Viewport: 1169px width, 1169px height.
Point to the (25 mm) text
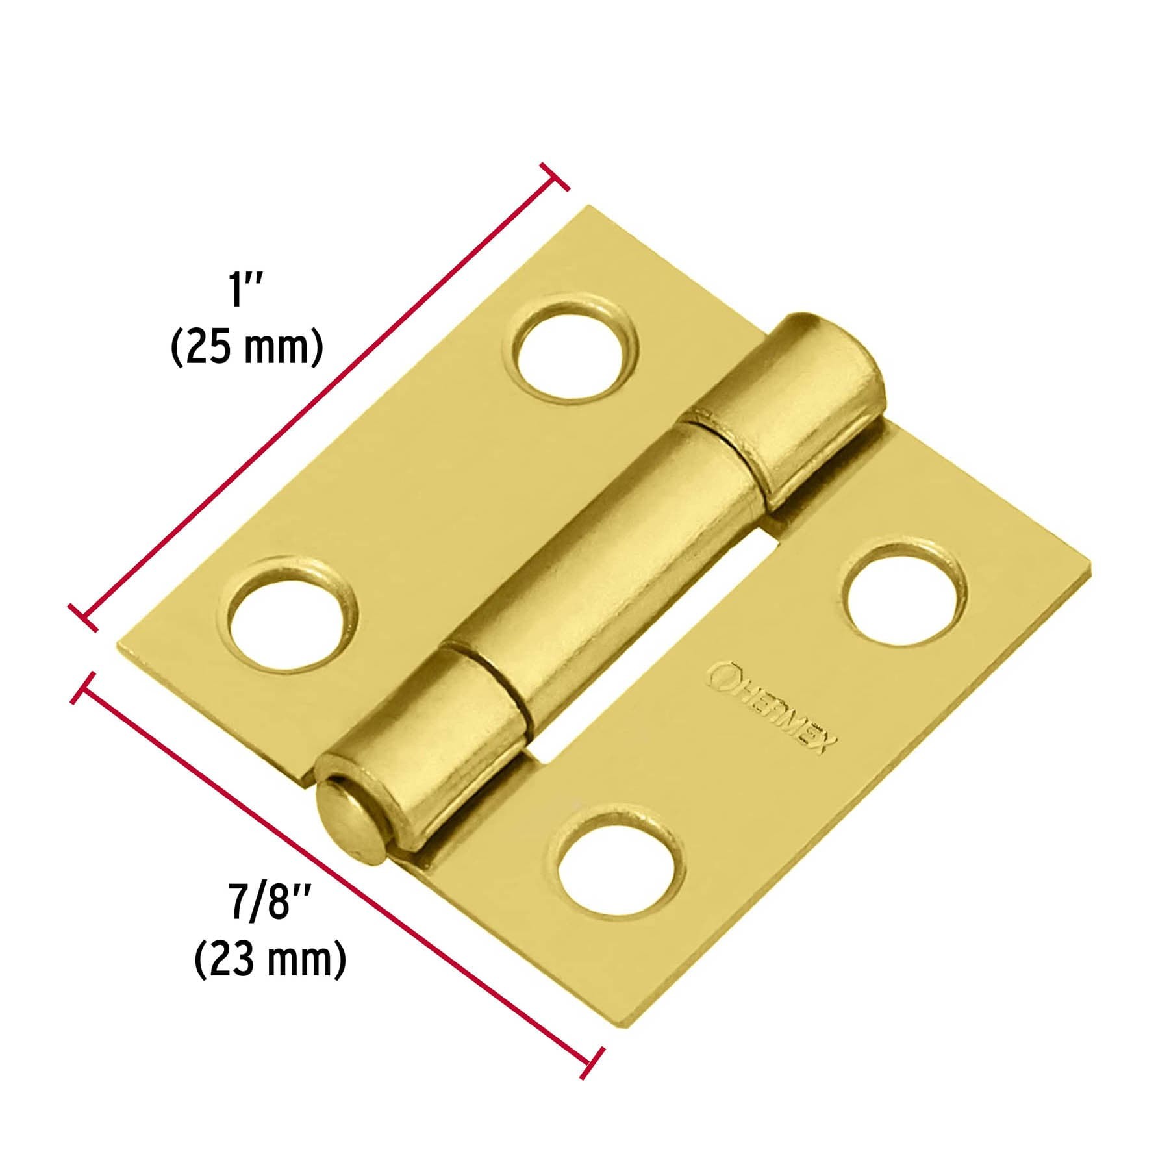(x=247, y=349)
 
